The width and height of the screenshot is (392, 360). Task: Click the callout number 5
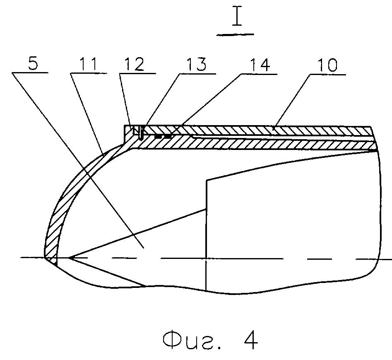(x=33, y=63)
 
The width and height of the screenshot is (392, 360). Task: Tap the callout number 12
(x=134, y=64)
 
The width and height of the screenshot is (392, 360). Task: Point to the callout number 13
(x=197, y=64)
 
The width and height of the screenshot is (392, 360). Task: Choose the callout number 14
(x=260, y=65)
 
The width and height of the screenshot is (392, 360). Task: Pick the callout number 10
(x=327, y=65)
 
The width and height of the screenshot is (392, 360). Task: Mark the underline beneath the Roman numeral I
(x=235, y=34)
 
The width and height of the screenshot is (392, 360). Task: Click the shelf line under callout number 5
(x=30, y=73)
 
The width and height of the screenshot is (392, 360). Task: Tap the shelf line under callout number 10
(x=328, y=74)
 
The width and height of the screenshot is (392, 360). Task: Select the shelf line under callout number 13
(x=197, y=74)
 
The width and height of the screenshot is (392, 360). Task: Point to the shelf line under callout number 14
(x=259, y=74)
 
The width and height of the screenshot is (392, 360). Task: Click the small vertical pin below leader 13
(x=141, y=133)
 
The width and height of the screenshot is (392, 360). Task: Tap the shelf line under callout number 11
(x=89, y=73)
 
